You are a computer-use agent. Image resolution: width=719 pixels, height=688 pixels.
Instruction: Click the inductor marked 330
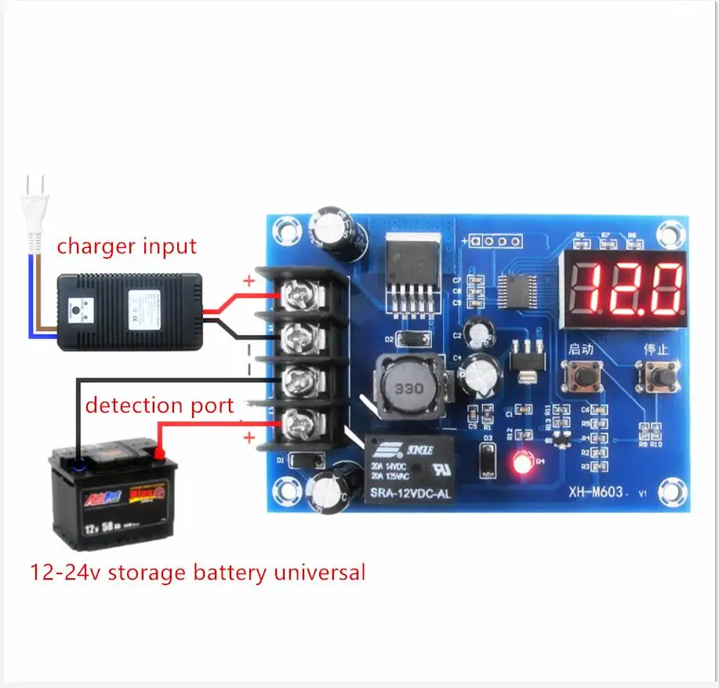[x=409, y=388]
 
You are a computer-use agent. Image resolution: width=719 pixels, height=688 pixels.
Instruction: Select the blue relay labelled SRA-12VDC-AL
[x=406, y=470]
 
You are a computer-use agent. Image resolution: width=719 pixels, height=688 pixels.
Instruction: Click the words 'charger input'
[x=126, y=246]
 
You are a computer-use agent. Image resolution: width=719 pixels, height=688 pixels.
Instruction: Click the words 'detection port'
[x=159, y=406]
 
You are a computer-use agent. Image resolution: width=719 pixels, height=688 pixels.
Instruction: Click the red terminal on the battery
[x=159, y=452]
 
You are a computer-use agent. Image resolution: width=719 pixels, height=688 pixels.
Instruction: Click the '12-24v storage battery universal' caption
[x=198, y=572]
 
